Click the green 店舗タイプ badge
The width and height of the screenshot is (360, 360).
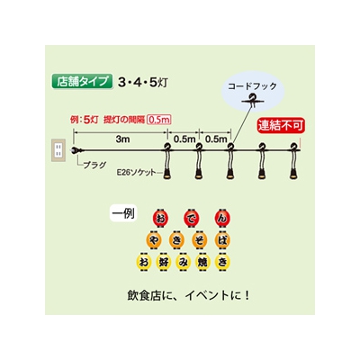pos(82,81)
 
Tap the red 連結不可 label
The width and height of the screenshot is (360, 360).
pos(281,125)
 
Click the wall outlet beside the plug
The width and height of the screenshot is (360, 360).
pos(58,150)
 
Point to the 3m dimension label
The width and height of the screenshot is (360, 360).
pos(122,139)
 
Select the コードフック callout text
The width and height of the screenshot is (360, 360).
pos(252,86)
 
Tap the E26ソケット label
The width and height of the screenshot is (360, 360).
pos(137,173)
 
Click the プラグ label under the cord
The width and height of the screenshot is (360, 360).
pos(94,165)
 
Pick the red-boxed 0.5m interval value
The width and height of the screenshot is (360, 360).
pos(159,120)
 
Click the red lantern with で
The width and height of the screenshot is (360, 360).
pos(191,218)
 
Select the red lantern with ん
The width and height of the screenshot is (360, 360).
pos(222,218)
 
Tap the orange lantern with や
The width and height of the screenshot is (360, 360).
pos(153,240)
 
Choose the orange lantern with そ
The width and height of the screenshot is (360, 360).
pos(200,240)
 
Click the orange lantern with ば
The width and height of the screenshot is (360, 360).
pos(222,240)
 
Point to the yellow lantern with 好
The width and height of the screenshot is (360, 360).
pos(164,262)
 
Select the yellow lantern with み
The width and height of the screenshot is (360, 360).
pos(183,262)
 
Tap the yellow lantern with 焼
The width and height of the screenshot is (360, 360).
pos(202,262)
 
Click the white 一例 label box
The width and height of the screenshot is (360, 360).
pos(123,213)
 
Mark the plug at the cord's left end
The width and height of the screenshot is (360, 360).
pos(74,150)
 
